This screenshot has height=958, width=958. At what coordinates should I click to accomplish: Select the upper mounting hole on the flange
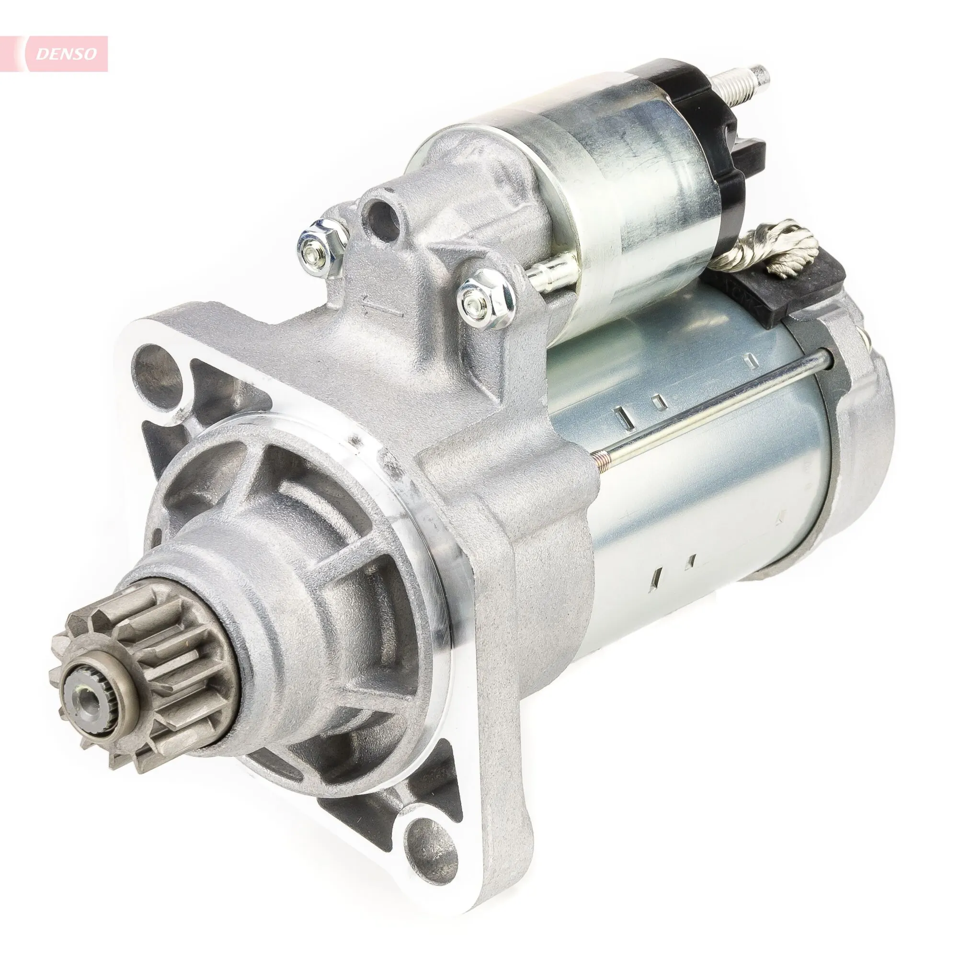click(x=154, y=371)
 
